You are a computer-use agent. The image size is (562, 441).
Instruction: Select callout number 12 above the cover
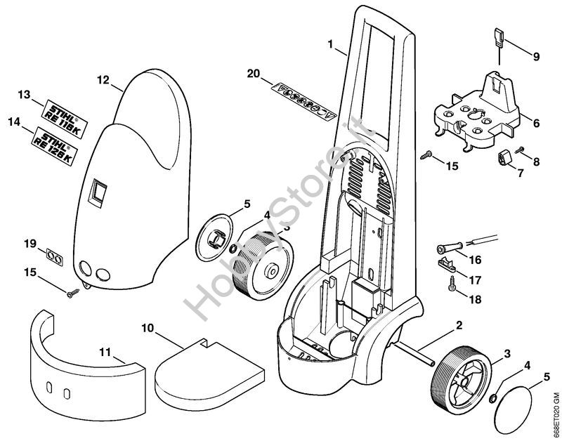click(x=103, y=80)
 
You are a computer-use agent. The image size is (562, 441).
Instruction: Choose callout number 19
click(x=30, y=244)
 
